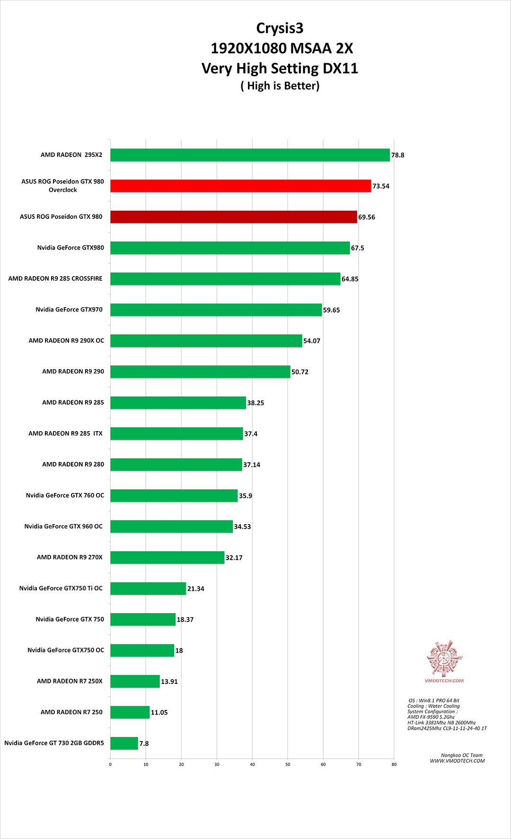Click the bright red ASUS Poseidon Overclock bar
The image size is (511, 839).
240,186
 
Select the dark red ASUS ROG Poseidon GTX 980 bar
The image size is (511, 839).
234,217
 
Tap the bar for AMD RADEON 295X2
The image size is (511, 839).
250,155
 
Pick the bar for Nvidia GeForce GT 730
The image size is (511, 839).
124,743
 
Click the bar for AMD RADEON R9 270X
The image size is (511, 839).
167,557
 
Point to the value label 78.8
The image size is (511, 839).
397,155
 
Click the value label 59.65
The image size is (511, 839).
331,310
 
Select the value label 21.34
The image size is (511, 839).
195,588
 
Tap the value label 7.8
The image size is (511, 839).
144,744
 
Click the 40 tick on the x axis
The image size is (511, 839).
252,764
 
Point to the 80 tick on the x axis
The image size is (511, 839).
394,764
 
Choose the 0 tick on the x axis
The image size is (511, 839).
110,764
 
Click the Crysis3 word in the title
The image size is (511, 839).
280,28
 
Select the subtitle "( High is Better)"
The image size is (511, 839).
280,86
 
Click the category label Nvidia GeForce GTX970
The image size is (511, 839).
69,310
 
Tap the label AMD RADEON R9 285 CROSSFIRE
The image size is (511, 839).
55,278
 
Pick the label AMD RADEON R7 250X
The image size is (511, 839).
70,681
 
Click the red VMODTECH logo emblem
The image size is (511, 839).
444,658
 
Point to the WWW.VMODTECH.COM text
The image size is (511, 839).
457,761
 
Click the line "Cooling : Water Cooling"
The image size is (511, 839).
433,706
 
